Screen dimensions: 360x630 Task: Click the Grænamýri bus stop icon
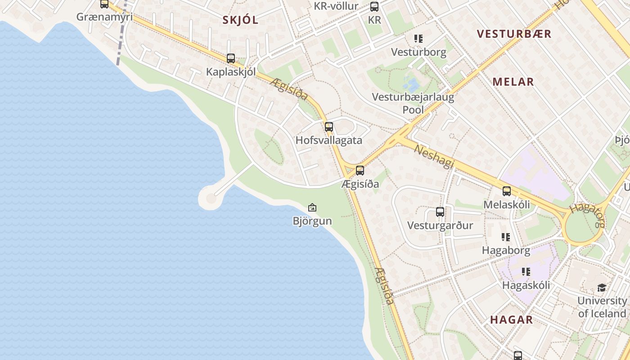(x=104, y=4)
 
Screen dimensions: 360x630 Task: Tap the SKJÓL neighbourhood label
(x=241, y=20)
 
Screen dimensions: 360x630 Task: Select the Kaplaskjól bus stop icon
(x=231, y=58)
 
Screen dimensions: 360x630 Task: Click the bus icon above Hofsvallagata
(x=329, y=127)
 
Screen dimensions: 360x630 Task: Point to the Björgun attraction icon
(x=312, y=207)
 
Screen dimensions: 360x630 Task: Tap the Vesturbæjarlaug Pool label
(x=413, y=103)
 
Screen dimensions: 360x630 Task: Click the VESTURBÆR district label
(x=514, y=34)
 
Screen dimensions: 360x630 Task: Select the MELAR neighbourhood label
(x=513, y=82)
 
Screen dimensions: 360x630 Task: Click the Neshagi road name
(x=434, y=156)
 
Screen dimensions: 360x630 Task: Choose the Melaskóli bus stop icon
(x=507, y=191)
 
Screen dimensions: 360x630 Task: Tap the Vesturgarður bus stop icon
(x=440, y=212)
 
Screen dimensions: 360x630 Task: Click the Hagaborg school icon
(x=506, y=237)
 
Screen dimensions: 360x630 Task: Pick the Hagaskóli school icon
(x=526, y=272)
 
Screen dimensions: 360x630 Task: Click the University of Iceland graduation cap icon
(x=602, y=288)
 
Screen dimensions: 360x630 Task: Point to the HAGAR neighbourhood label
(x=511, y=320)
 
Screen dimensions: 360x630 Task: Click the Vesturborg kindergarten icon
(x=418, y=39)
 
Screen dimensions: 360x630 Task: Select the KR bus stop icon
(x=374, y=7)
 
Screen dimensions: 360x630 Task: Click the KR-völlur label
(x=336, y=6)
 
